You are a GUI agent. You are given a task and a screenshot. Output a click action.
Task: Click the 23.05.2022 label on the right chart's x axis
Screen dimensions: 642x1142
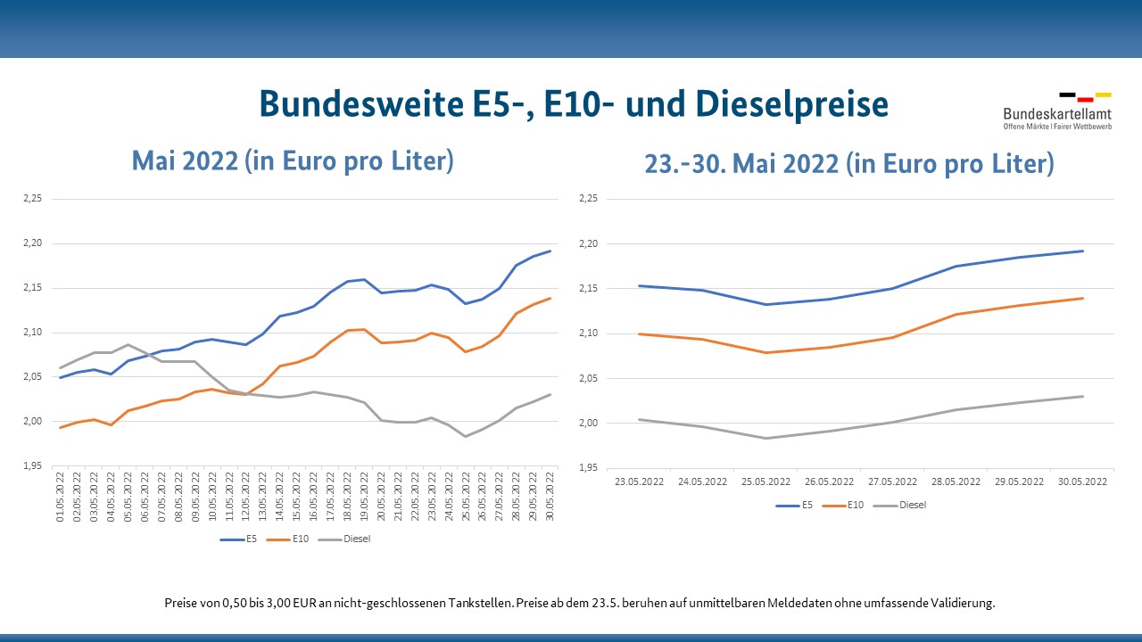click(639, 481)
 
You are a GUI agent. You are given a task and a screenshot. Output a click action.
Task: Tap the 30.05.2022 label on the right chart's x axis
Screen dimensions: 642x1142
click(1083, 481)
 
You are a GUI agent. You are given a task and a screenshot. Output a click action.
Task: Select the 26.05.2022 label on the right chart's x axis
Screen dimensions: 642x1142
click(829, 481)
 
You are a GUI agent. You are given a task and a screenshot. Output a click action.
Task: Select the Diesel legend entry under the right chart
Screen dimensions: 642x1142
click(912, 505)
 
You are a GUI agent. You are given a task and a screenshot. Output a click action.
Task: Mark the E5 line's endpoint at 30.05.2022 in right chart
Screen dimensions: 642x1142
click(1083, 251)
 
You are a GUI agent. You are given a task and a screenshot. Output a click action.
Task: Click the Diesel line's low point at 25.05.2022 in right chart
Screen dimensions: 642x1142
click(765, 438)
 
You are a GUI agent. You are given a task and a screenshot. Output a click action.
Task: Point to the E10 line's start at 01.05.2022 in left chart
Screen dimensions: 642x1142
click(61, 428)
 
